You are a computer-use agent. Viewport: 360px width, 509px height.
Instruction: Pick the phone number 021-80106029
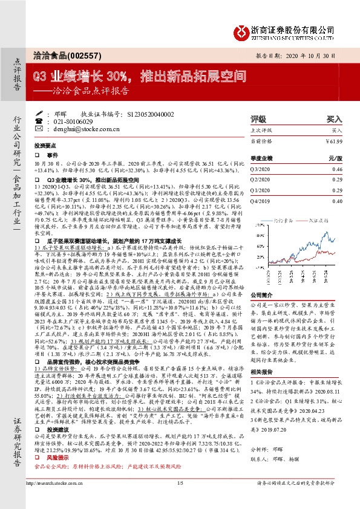pyautogui.click(x=67, y=122)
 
